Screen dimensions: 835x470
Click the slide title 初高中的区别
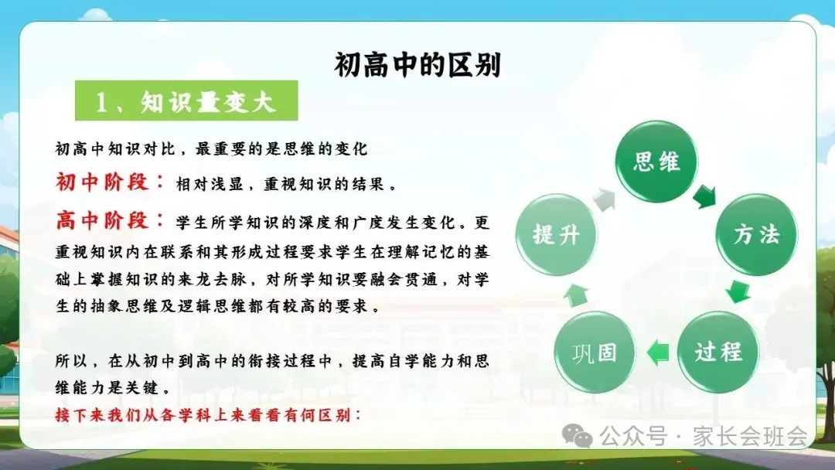pyautogui.click(x=417, y=65)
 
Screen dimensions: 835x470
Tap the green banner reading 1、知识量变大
pyautogui.click(x=186, y=100)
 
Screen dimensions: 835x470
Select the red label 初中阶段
pyautogui.click(x=103, y=182)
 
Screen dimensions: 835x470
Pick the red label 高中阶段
pyautogui.click(x=103, y=220)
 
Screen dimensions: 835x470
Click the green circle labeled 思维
pyautogui.click(x=656, y=162)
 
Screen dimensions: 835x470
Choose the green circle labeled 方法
pyautogui.click(x=756, y=234)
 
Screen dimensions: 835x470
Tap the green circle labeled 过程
pyautogui.click(x=717, y=352)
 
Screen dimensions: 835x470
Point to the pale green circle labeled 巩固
pyautogui.click(x=595, y=352)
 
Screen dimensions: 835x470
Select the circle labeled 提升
pyautogui.click(x=556, y=234)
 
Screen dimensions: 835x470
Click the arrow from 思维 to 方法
pyautogui.click(x=705, y=197)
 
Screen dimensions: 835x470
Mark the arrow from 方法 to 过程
pyautogui.click(x=738, y=291)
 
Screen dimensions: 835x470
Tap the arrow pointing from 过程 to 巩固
pyautogui.click(x=658, y=352)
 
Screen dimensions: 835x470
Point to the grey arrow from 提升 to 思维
pyautogui.click(x=604, y=199)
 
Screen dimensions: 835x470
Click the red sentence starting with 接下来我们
pyautogui.click(x=208, y=414)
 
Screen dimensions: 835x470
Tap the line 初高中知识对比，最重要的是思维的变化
pyautogui.click(x=211, y=148)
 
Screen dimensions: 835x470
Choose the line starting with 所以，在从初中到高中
pyautogui.click(x=272, y=362)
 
